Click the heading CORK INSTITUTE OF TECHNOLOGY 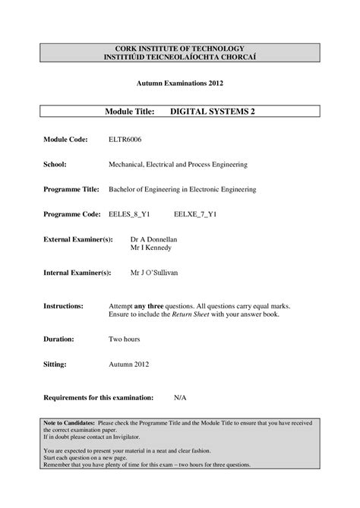click(180, 49)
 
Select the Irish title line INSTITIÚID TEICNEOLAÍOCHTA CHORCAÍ click(180, 58)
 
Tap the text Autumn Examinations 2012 click(180, 84)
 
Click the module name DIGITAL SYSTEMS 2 click(213, 112)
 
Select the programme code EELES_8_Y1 click(130, 215)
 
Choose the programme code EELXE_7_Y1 click(197, 215)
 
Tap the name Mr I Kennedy click(152, 248)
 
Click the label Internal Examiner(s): click(77, 272)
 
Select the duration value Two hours click(125, 339)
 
